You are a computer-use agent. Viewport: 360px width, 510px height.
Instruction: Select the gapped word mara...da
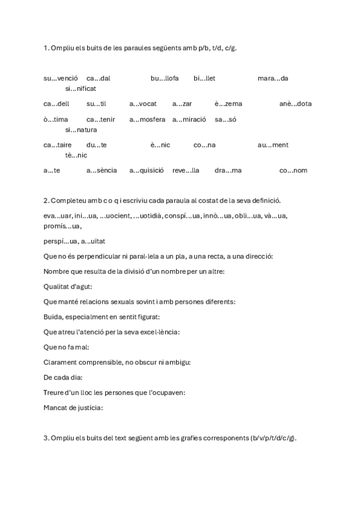coord(273,78)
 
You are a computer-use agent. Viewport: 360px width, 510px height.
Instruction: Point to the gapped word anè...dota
coord(296,103)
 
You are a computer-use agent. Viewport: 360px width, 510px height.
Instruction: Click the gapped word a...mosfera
coord(147,119)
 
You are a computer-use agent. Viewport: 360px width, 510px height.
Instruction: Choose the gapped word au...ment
coord(273,145)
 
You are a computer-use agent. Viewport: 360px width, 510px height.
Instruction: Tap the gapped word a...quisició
coord(147,170)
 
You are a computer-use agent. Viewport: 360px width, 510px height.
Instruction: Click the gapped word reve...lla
coord(186,170)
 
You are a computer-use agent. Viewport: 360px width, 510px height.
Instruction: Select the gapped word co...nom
coord(293,170)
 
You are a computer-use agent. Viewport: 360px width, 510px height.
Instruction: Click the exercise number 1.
coord(46,48)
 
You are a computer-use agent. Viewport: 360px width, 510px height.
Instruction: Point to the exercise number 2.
coord(46,200)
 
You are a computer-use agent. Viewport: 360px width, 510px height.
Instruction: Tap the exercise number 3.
coord(46,438)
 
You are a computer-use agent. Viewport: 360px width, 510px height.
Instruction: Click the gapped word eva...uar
coord(56,215)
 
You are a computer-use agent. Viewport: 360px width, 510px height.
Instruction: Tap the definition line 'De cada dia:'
coord(63,377)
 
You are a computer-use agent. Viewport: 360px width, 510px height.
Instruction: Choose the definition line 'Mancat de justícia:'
coord(73,408)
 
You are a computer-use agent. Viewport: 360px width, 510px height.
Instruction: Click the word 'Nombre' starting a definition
coord(55,271)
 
